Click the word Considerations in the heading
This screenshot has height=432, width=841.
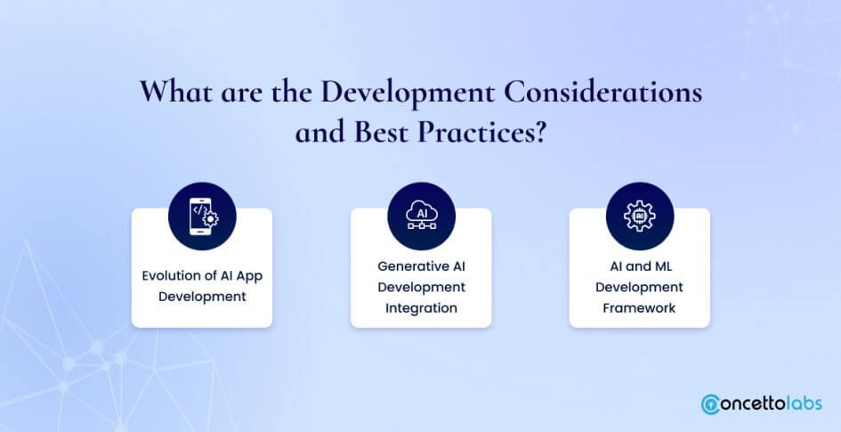pos(602,92)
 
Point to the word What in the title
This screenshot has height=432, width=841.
pos(175,92)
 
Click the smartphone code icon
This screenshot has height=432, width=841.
pos(202,216)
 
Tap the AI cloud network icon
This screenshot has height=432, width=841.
pos(422,216)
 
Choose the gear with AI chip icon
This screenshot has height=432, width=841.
pos(640,216)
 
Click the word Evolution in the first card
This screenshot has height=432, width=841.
pos(172,276)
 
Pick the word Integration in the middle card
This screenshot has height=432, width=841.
pos(421,308)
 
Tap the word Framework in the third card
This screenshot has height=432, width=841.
pos(639,308)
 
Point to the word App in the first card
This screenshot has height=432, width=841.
pos(249,276)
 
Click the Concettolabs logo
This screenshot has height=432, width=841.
pos(761,403)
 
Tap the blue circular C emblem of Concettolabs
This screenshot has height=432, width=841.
pos(710,404)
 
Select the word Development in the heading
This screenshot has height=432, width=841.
pos(408,93)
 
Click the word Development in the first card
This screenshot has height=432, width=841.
pos(202,297)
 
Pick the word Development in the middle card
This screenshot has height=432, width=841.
pos(422,287)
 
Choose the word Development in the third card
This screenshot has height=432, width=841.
pos(639,287)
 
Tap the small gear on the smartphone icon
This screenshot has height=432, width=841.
pos(211,219)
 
